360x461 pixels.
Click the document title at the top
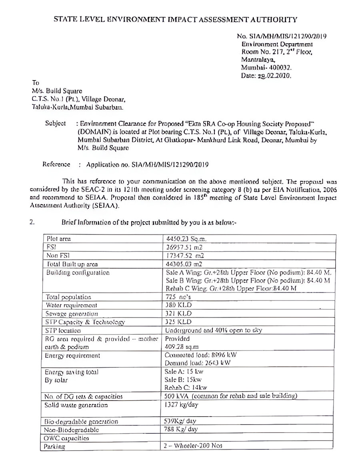point(176,19)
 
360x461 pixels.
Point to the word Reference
point(56,164)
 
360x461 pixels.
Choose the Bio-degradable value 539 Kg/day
point(181,421)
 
